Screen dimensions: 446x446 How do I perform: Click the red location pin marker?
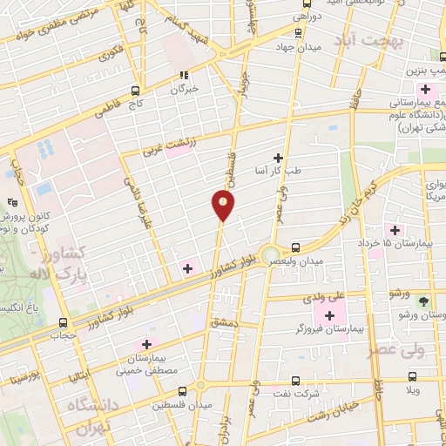[x=222, y=206]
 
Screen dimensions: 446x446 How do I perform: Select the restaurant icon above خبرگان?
[x=184, y=75]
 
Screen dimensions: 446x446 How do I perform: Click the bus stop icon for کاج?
[x=135, y=90]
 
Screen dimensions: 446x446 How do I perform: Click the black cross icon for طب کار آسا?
[x=278, y=157]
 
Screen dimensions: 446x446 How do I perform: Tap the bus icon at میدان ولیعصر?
[x=296, y=247]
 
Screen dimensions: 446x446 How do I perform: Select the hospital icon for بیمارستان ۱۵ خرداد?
[x=395, y=230]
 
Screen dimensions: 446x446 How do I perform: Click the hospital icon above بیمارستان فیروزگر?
[x=329, y=314]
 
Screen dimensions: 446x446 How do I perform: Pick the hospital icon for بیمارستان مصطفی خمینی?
[x=146, y=345]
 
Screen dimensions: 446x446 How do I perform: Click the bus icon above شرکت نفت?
[x=294, y=381]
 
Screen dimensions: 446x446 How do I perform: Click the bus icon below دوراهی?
[x=299, y=32]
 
